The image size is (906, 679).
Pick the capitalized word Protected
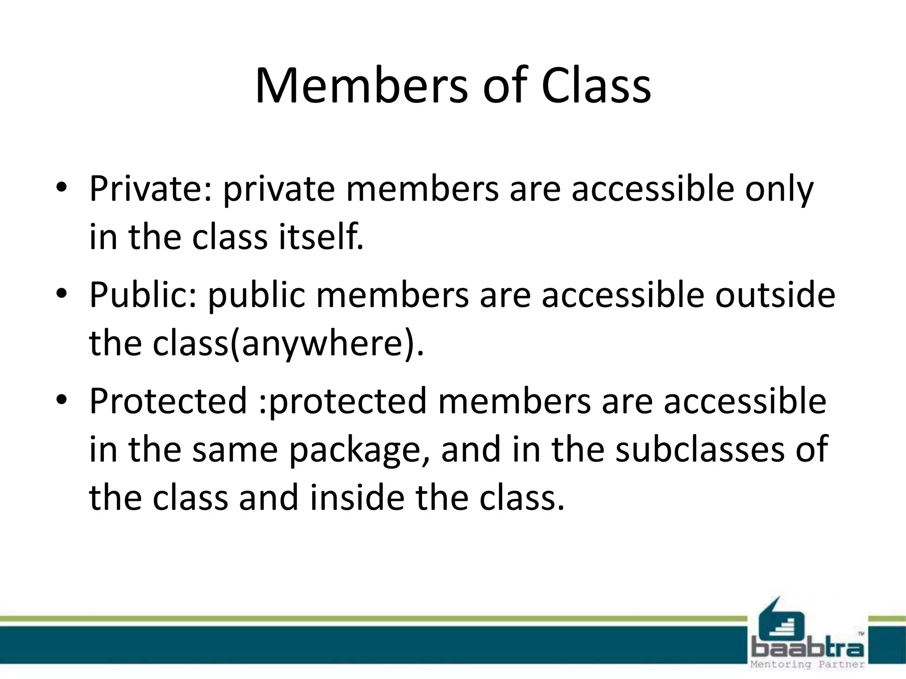[x=168, y=401]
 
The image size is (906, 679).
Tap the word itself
[x=320, y=237]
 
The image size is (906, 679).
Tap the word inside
[x=357, y=498]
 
